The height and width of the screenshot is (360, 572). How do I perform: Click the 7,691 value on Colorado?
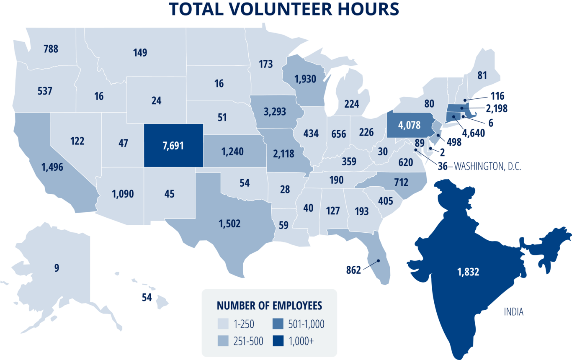tap(174, 146)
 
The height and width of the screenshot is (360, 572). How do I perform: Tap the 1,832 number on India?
tap(468, 272)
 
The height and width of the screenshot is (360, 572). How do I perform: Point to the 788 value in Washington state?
tap(51, 49)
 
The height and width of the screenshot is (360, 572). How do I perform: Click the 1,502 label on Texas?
tap(229, 224)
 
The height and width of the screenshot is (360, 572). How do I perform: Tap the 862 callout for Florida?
tap(353, 270)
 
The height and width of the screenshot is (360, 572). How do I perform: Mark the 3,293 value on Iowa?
tap(275, 112)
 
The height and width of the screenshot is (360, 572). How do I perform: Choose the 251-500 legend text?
tap(249, 341)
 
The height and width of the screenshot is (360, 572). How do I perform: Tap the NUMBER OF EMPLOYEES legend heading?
tap(269, 306)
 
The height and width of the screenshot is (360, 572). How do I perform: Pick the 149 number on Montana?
tap(140, 53)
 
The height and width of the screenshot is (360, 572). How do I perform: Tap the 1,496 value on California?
tap(52, 167)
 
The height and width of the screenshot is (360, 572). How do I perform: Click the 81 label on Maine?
tap(482, 76)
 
